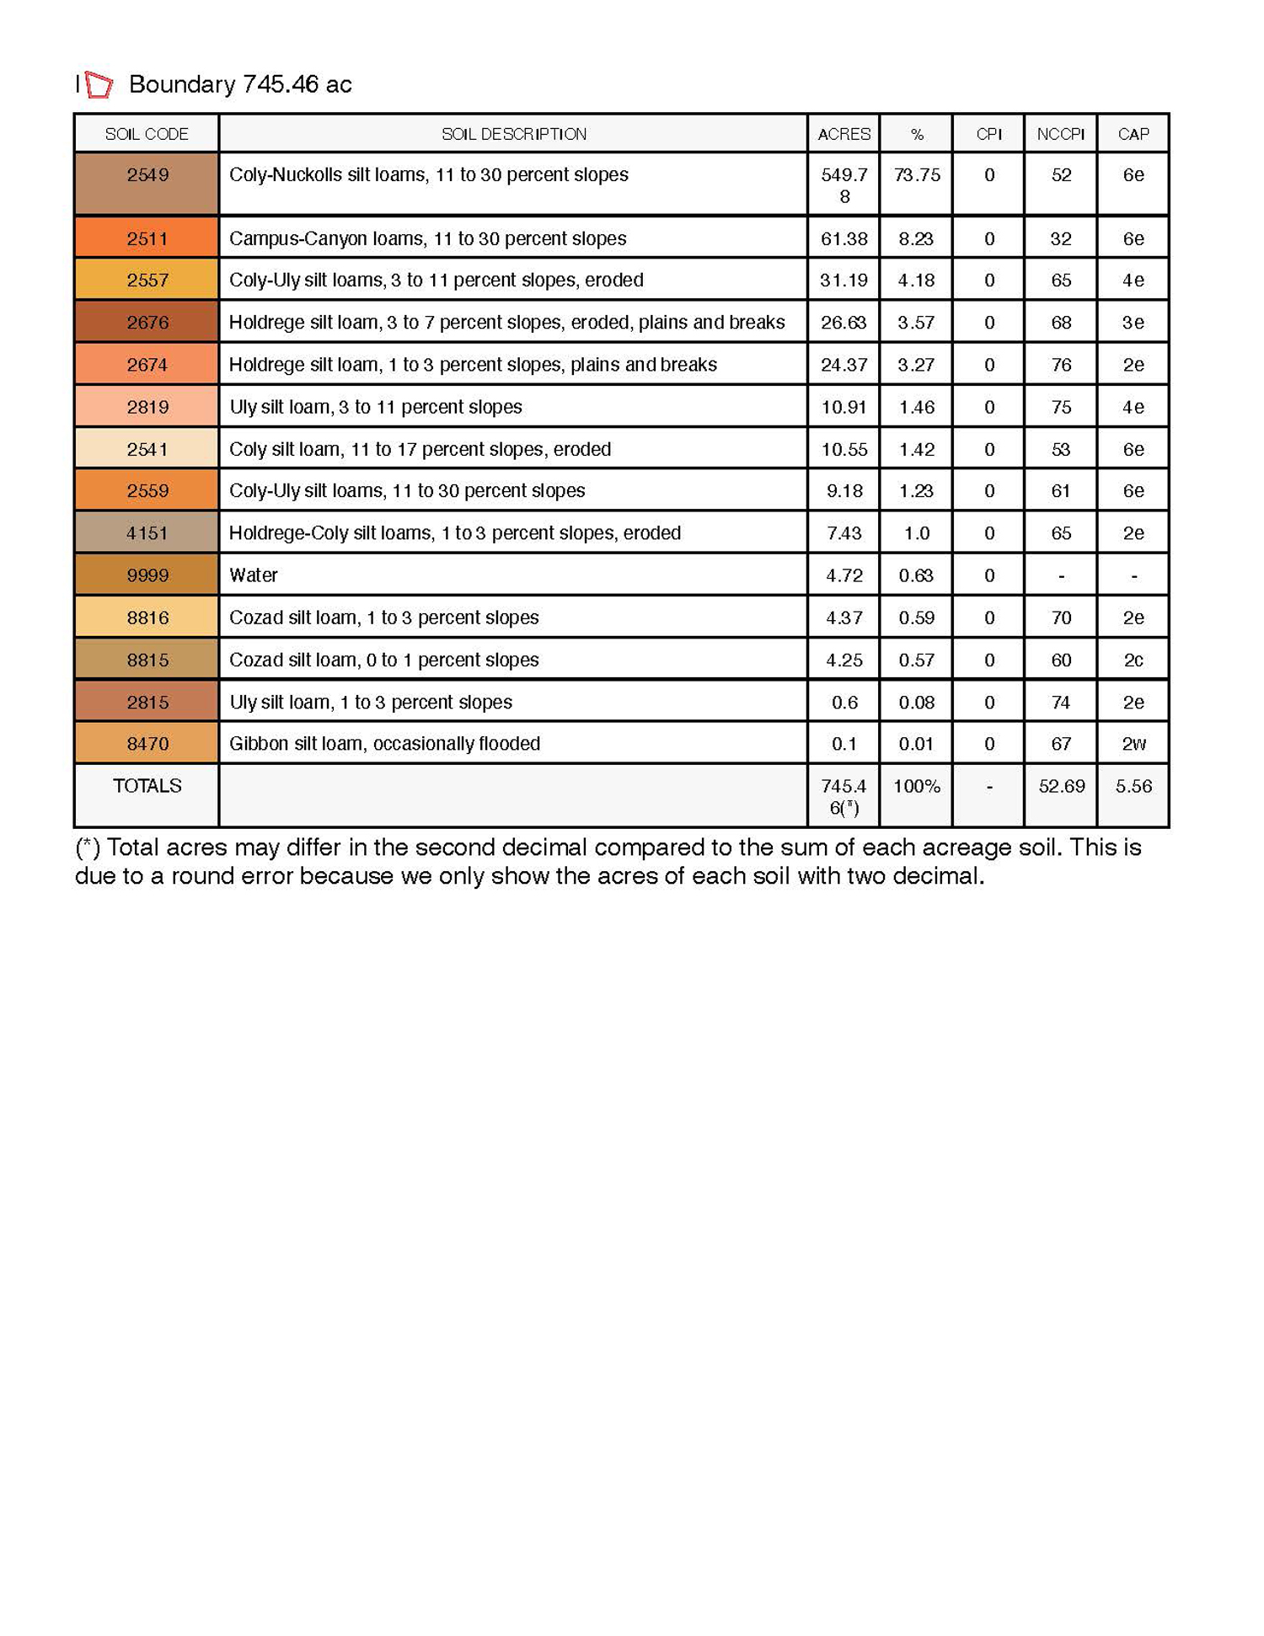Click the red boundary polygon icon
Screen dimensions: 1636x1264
99,84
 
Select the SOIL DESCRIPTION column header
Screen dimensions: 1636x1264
513,134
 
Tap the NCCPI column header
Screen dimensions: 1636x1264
1060,134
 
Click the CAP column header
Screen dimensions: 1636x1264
1133,134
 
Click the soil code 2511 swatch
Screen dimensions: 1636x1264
147,238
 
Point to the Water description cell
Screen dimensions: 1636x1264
254,575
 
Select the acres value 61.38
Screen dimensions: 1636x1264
844,238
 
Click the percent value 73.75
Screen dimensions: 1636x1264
916,175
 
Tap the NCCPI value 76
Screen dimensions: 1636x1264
1060,365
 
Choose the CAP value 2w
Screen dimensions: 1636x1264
1133,744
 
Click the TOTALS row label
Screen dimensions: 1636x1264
147,786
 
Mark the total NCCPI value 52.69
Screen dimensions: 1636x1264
1061,786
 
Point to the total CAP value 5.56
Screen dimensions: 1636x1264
1133,786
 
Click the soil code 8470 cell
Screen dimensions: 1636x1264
147,744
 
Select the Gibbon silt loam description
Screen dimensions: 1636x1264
384,744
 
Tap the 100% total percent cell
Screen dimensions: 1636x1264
916,786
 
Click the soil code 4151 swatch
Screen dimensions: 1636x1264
147,533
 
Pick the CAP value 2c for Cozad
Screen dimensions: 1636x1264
1133,660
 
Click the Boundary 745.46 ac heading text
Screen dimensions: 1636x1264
240,84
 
